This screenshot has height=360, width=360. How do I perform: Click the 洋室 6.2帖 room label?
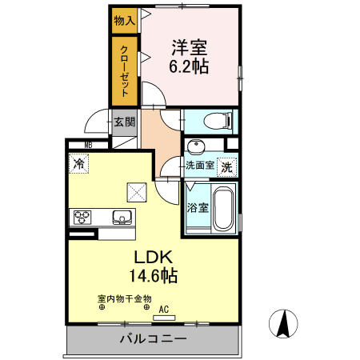pos(190,57)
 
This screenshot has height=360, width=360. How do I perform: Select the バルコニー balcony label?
pos(153,339)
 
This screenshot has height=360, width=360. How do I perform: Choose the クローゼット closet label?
pos(124,70)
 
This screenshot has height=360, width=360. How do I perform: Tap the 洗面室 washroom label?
pos(199,166)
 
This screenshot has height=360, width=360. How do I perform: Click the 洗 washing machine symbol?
pos(227,168)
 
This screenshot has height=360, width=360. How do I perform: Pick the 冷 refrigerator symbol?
pos(78,163)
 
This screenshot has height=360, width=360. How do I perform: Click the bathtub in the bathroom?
pos(223,210)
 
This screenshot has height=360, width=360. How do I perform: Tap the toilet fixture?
pos(218,121)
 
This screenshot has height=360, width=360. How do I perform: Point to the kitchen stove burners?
pos(83,216)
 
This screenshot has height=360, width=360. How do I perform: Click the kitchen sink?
pos(123,216)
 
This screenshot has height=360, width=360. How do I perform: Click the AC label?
pos(165,309)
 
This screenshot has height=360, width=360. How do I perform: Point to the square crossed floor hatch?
pos(136,191)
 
